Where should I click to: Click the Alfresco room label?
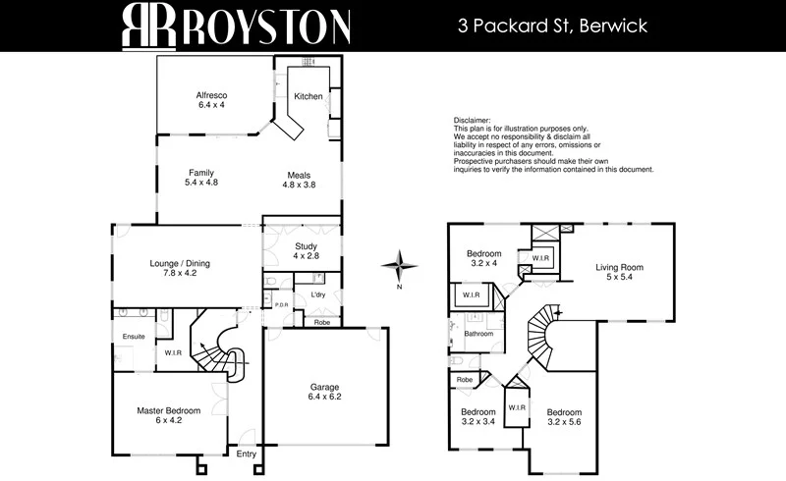coord(211,94)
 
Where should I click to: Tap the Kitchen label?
coord(309,96)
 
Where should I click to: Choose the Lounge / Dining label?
coord(180,263)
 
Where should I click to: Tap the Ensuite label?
coord(134,337)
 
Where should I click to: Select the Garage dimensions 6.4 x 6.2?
coord(326,398)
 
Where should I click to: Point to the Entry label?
coord(246,454)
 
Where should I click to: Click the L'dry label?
coord(317,295)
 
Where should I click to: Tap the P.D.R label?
coord(281,304)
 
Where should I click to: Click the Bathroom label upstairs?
coord(478,334)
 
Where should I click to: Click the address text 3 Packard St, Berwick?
coord(551,26)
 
